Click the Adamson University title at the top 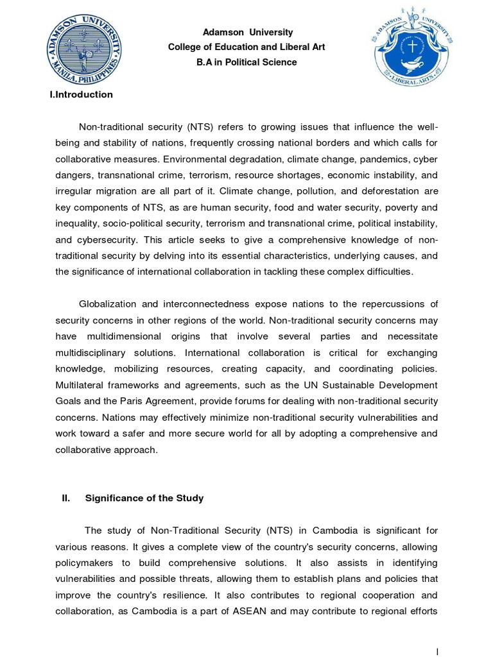pos(239,32)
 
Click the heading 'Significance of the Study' pos(144,498)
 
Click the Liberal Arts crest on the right pos(413,46)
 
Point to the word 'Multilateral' pos(80,384)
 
